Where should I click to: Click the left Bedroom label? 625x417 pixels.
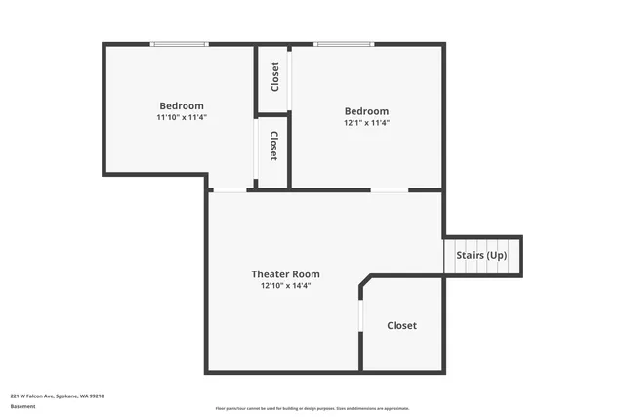[x=182, y=105]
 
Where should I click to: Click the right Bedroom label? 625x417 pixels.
[x=366, y=111]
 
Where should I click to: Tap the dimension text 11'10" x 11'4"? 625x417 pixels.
[x=182, y=117]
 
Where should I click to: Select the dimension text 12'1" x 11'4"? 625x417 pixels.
[x=366, y=123]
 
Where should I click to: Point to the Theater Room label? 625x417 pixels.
[x=285, y=274]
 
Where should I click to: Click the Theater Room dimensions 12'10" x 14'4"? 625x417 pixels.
[x=285, y=286]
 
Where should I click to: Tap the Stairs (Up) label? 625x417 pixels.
[x=482, y=255]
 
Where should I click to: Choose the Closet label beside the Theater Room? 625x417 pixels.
[x=401, y=325]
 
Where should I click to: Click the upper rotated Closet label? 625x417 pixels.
[x=274, y=76]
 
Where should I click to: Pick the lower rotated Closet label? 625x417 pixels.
[x=274, y=146]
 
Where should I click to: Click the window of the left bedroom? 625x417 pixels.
[x=179, y=44]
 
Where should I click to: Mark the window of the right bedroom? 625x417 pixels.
[x=343, y=44]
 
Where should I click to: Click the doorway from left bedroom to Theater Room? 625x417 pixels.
[x=229, y=189]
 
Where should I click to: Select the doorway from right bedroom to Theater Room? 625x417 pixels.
[x=390, y=189]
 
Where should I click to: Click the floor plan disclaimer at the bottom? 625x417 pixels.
[x=312, y=408]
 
